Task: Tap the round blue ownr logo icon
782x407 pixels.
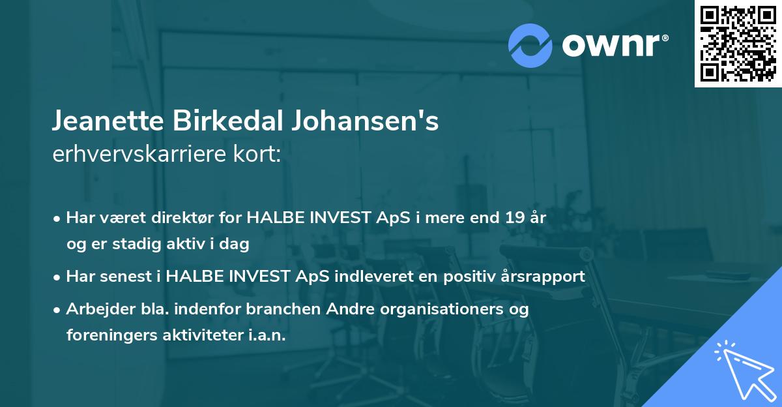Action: coord(530,46)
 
